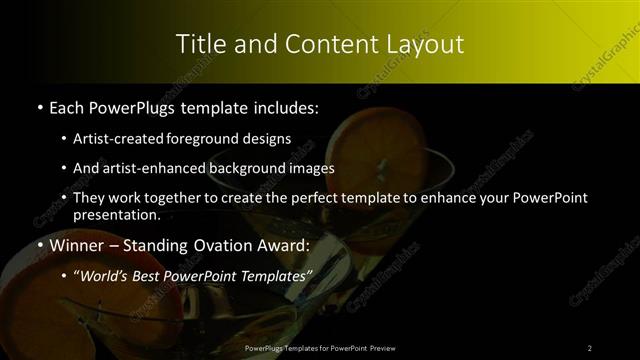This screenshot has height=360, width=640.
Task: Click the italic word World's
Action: pos(103,275)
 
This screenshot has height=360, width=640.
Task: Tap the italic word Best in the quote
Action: pos(151,275)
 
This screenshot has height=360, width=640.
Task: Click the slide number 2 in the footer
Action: pos(590,347)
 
